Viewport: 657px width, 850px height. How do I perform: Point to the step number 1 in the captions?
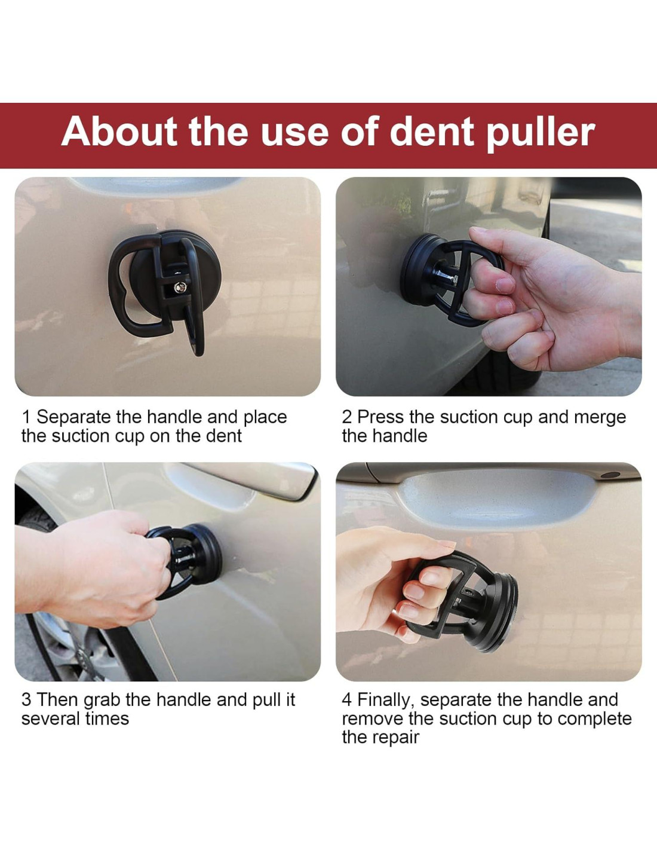[26, 417]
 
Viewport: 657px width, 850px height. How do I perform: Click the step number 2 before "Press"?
[346, 417]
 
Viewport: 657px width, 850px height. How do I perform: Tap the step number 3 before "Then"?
[26, 700]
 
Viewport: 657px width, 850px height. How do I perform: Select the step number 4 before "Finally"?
[347, 700]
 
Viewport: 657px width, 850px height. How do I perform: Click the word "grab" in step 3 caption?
[102, 701]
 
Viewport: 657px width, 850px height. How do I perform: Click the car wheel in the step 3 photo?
[70, 630]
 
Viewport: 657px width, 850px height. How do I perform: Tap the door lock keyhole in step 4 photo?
[611, 475]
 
